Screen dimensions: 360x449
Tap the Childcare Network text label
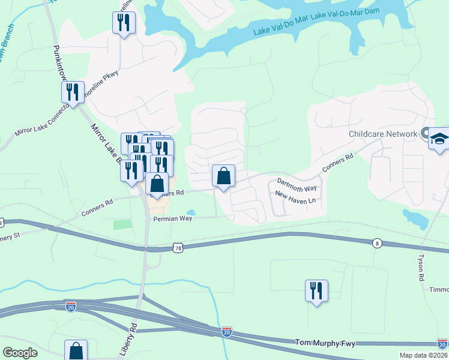(382, 134)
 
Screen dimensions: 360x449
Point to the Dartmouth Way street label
(296, 184)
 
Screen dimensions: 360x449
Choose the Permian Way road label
(172, 219)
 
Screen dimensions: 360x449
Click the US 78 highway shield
(176, 247)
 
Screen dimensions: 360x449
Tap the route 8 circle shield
(376, 243)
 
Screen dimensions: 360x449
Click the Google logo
(20, 353)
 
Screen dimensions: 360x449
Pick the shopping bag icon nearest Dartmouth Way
(223, 176)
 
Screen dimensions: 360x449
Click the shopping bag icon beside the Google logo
(76, 350)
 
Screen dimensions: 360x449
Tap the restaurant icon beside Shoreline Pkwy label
(72, 92)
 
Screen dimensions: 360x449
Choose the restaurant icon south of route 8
(316, 290)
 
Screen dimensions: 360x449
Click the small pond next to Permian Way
(191, 212)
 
